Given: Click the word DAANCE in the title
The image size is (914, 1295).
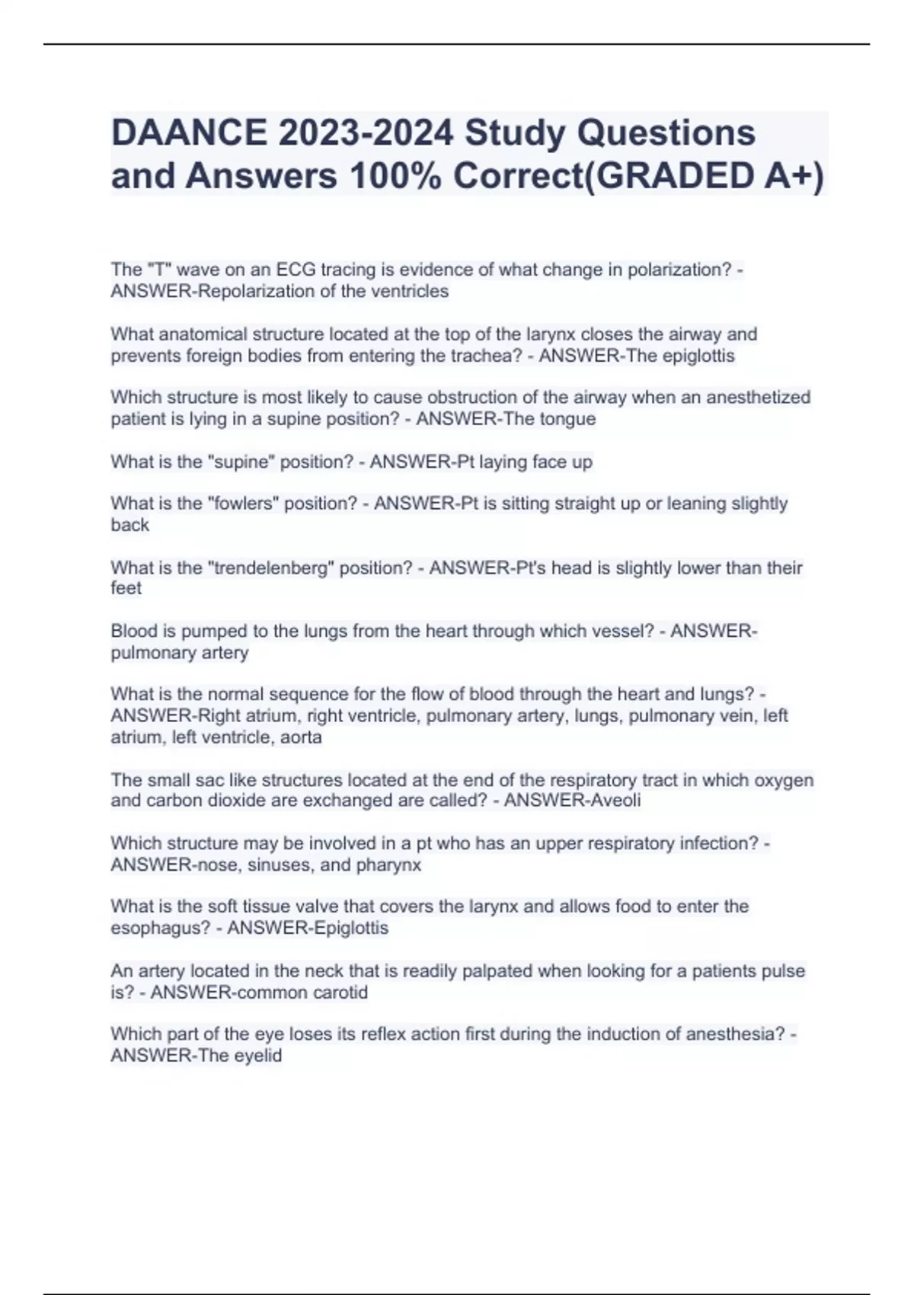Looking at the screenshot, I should click(x=188, y=133).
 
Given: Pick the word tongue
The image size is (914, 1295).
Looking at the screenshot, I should click(x=567, y=419).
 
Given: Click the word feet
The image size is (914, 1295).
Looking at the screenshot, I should click(x=126, y=588).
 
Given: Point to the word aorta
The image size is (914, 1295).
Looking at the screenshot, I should click(x=301, y=737).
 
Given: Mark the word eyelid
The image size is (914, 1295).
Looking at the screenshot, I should click(x=257, y=1056).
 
